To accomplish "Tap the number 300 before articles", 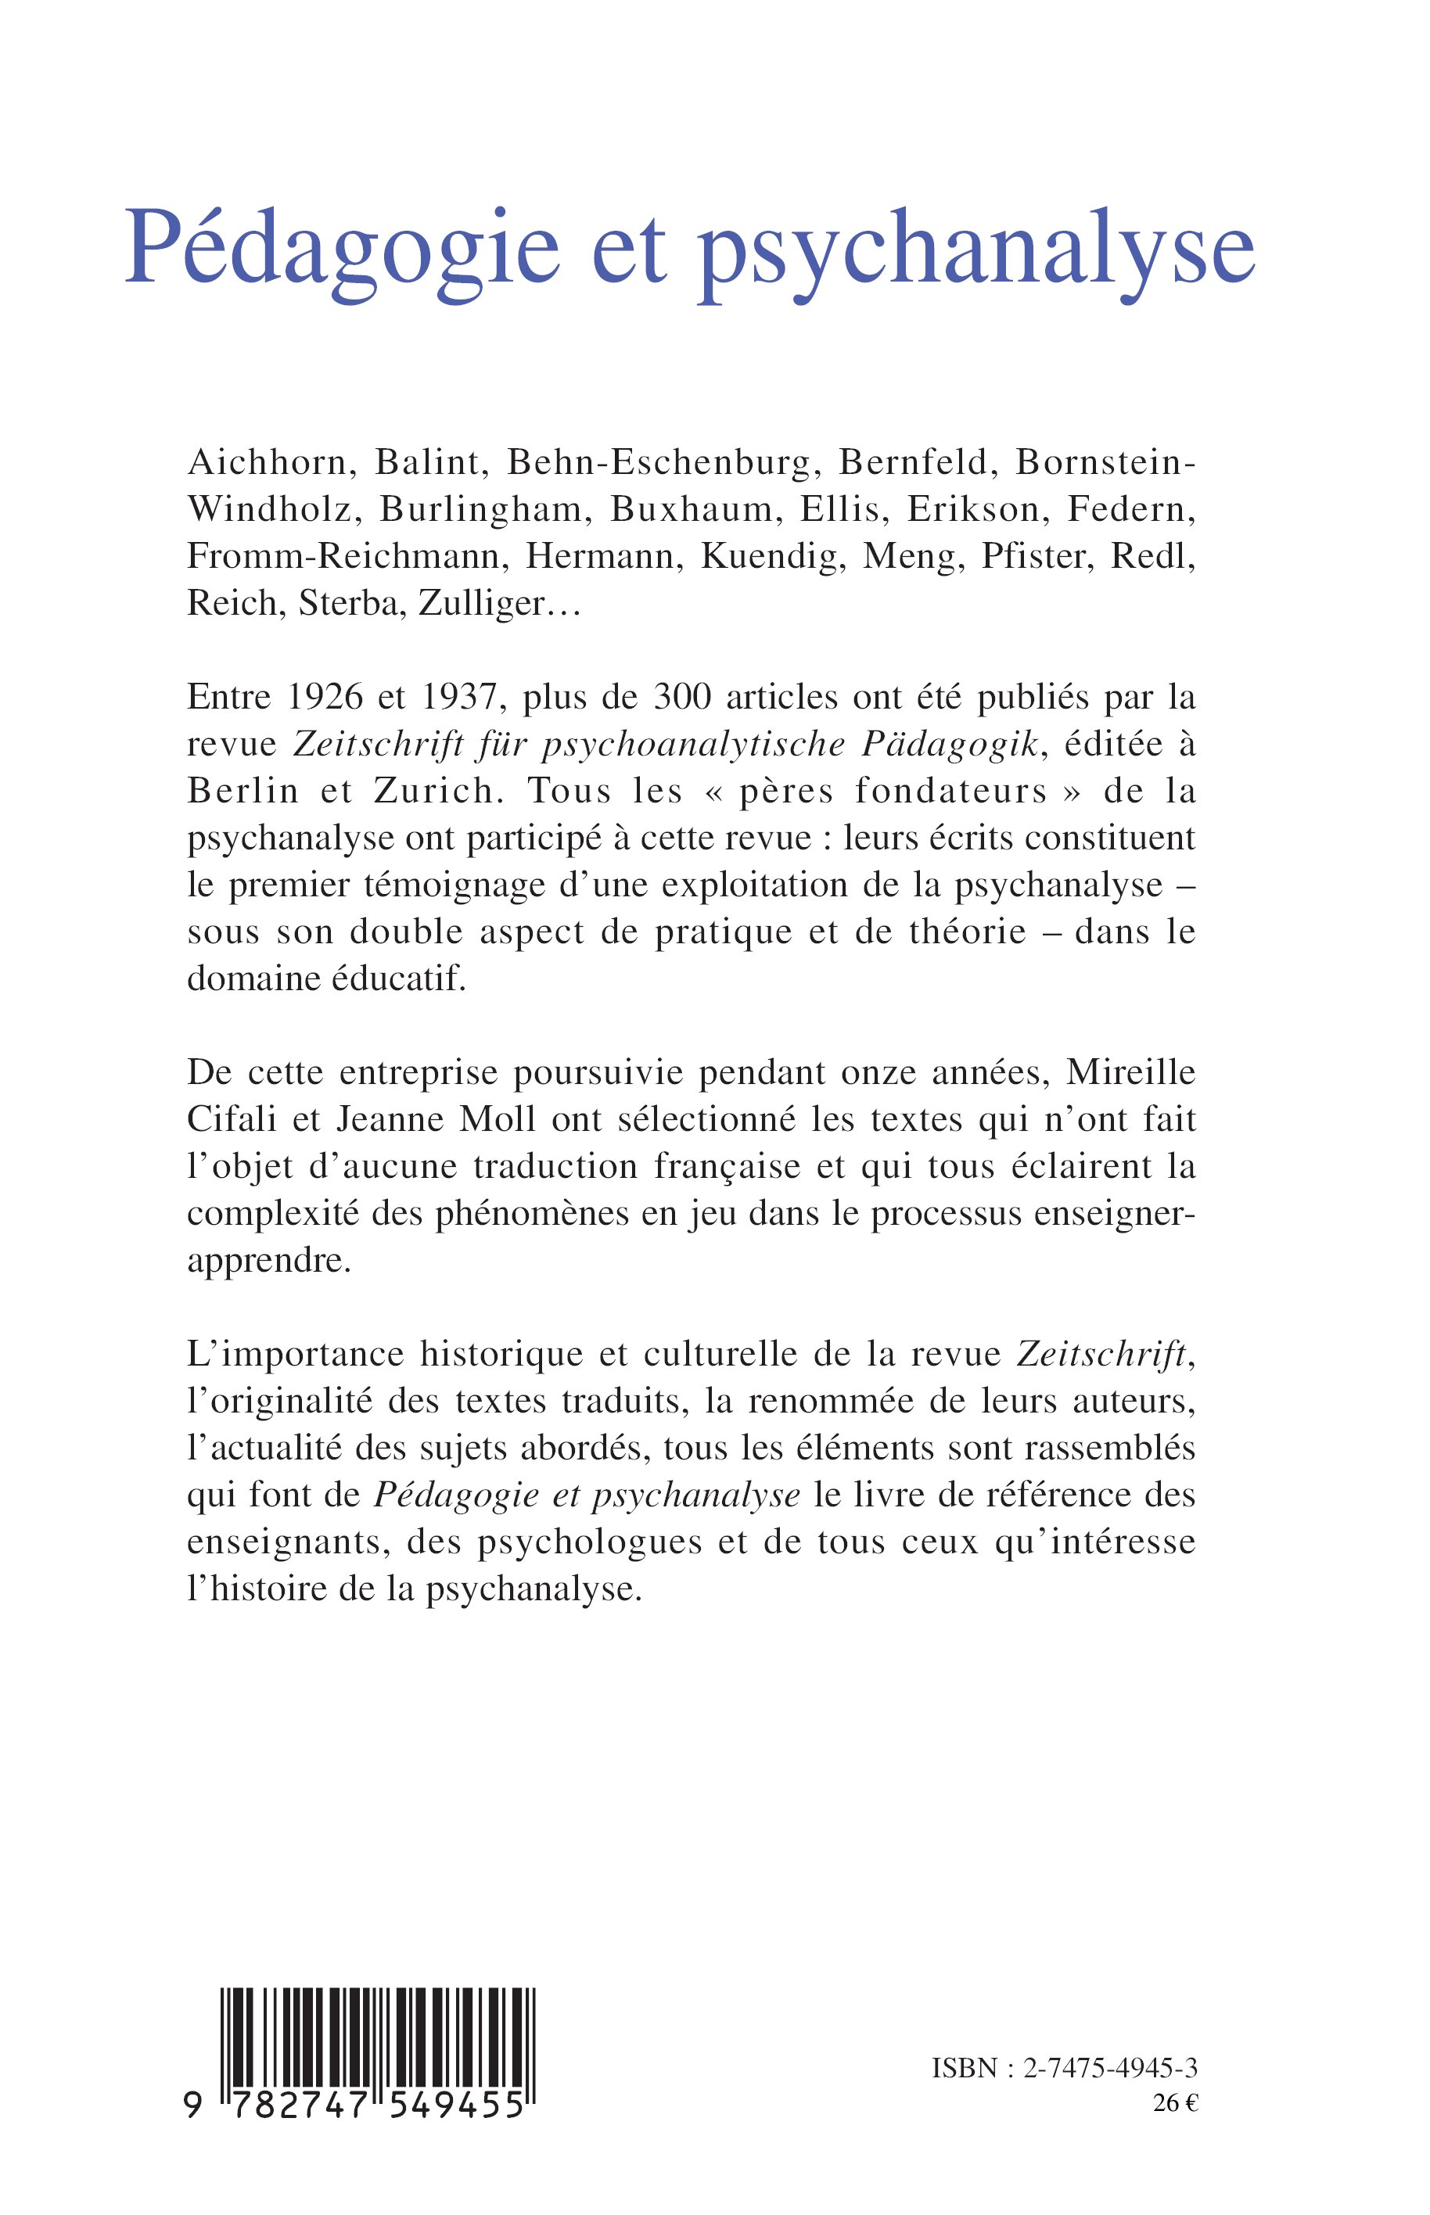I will (x=684, y=696).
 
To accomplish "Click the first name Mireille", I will (x=1131, y=1072).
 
